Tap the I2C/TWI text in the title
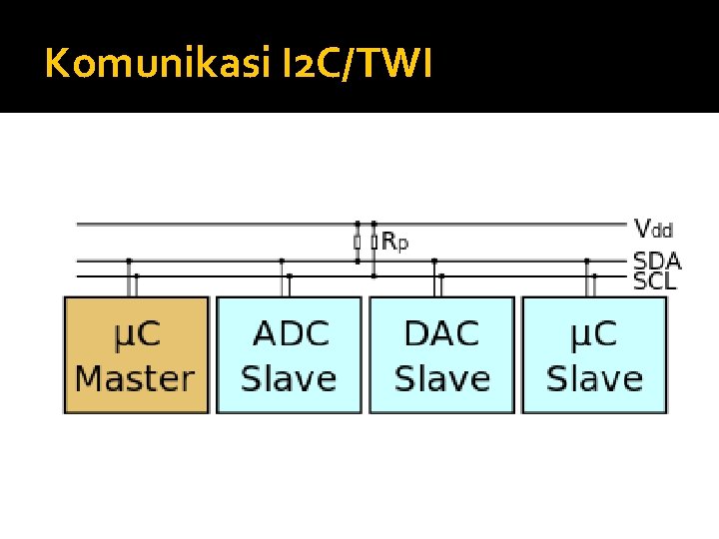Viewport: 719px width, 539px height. pos(341,65)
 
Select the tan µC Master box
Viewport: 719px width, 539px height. pos(136,355)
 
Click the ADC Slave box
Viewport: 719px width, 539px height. pos(289,355)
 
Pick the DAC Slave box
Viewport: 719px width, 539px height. pos(441,355)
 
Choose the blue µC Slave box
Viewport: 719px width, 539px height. pos(594,355)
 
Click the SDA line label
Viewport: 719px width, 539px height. pos(656,261)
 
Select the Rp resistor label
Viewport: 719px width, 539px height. pos(394,242)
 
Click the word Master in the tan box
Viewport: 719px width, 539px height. pos(135,378)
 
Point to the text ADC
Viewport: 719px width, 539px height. pos(290,333)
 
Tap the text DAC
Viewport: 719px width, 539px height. pos(442,333)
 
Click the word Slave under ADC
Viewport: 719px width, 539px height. pos(290,378)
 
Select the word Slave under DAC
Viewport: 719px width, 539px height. pos(442,378)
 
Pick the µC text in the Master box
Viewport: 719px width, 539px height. pos(135,333)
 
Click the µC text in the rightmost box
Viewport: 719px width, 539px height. pos(594,333)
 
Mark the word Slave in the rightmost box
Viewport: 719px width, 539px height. pos(594,378)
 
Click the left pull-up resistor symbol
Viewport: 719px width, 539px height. pos(357,242)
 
